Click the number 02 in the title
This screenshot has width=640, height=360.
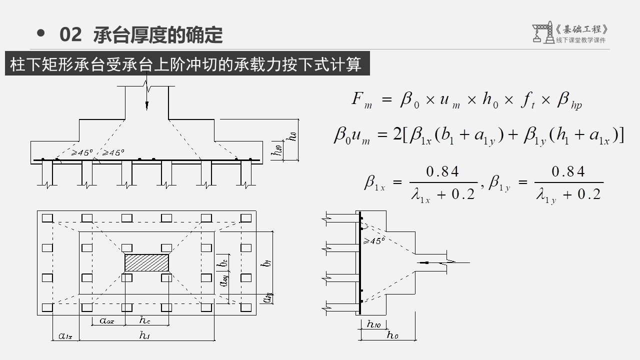tap(70, 35)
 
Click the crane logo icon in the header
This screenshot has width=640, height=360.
tap(542, 32)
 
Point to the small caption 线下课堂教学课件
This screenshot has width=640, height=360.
tap(580, 40)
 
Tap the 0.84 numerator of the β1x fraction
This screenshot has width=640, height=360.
tap(442, 172)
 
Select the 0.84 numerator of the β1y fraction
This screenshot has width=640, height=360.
tap(568, 172)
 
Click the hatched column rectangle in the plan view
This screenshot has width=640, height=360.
tap(146, 262)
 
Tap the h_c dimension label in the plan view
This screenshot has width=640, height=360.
tap(145, 320)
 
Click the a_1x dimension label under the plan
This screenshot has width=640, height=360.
tap(65, 336)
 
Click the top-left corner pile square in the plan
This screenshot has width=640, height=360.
tap(47, 218)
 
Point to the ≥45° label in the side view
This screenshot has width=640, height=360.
tap(374, 241)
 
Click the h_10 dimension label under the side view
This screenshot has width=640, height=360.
tap(373, 324)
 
